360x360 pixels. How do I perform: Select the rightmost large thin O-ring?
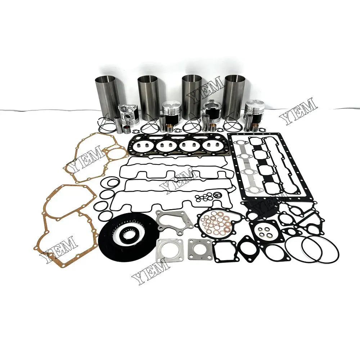[320, 250]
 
